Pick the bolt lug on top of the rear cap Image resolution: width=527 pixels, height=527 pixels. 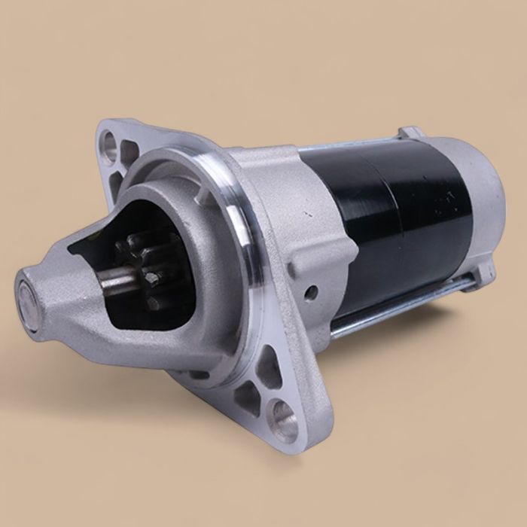click(x=410, y=133)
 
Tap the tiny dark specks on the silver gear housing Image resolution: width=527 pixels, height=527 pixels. click(x=308, y=215)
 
